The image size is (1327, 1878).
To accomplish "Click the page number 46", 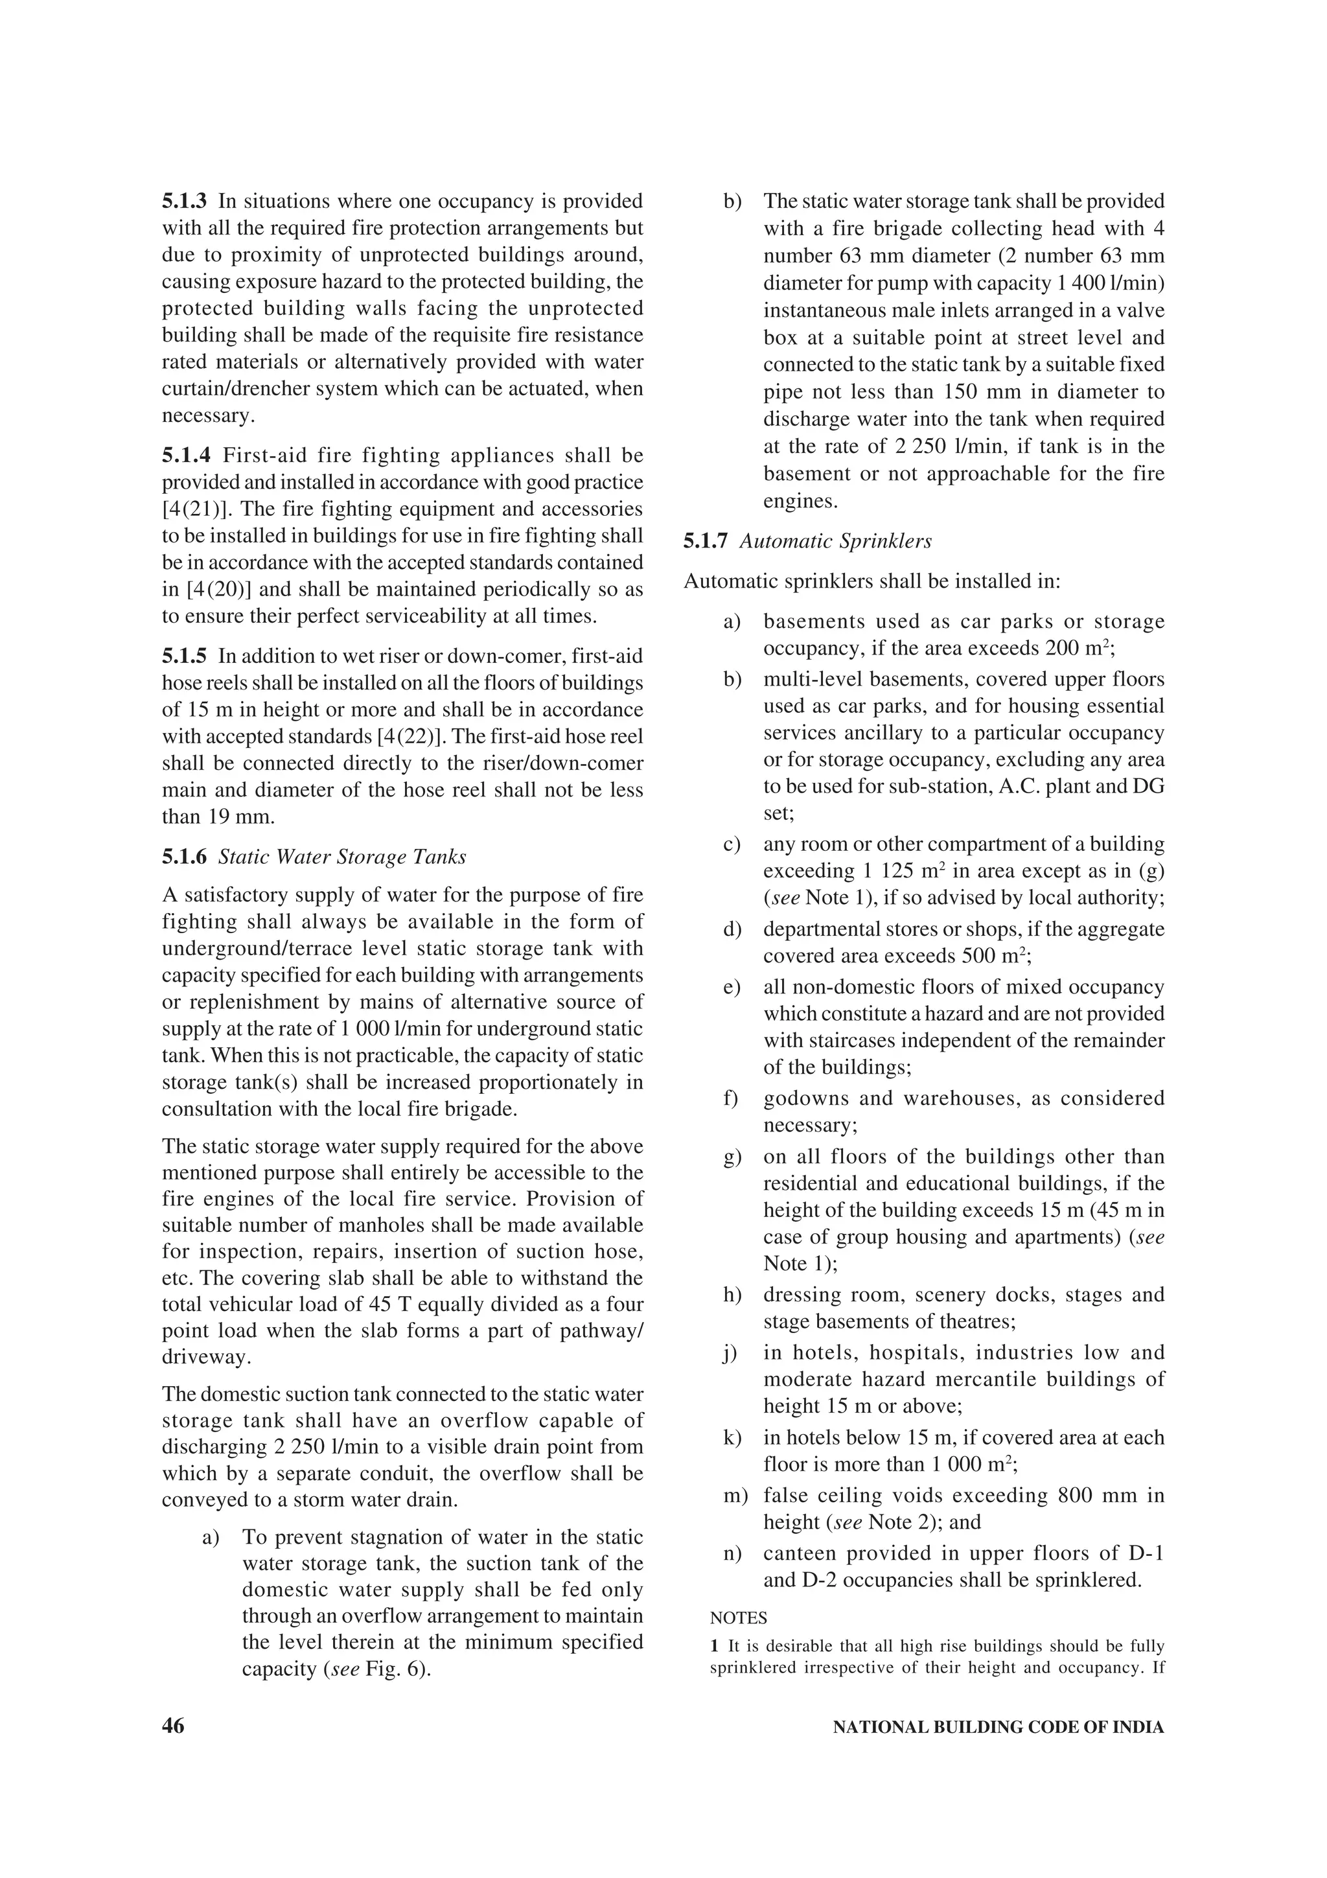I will [174, 1726].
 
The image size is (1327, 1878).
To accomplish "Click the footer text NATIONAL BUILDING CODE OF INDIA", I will [997, 1728].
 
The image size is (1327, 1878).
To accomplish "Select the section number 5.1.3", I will [185, 201].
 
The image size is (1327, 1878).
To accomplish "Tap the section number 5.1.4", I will [185, 456].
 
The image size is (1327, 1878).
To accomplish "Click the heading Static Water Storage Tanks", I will [343, 857].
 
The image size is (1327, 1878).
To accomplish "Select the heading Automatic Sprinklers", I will [836, 542].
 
